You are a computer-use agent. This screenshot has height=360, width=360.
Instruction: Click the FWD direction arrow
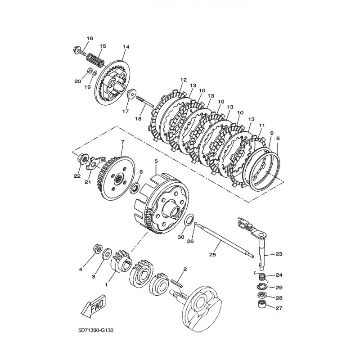[94, 306]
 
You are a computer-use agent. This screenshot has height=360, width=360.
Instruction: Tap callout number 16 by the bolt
[90, 38]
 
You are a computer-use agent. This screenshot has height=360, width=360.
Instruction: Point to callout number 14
[126, 47]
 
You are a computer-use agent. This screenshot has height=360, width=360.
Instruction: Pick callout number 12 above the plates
[184, 80]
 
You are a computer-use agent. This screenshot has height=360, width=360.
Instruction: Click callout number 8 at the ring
[278, 139]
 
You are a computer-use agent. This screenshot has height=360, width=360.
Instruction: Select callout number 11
[262, 126]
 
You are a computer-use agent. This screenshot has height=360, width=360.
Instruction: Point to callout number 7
[122, 142]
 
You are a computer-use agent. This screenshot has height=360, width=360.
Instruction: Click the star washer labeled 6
[134, 188]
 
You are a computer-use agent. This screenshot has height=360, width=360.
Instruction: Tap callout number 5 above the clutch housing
[156, 162]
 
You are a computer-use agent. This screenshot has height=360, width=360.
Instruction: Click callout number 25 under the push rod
[212, 255]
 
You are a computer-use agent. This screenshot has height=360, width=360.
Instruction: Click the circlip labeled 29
[261, 287]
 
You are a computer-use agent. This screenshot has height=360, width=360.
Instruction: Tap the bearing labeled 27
[261, 304]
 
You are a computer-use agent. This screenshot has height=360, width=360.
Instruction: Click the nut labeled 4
[97, 249]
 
